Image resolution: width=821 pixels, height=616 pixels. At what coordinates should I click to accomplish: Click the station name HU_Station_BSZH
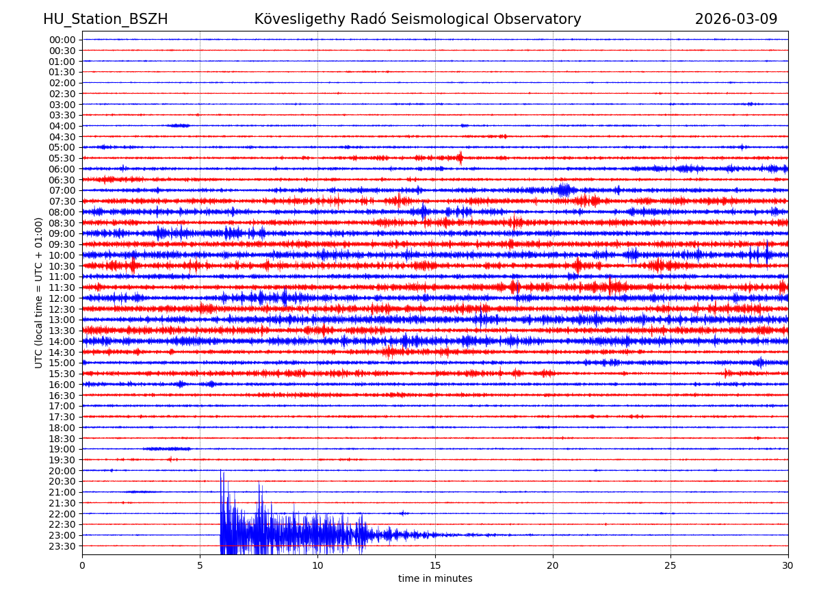105,19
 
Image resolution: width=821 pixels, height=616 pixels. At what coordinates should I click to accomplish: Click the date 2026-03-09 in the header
736,19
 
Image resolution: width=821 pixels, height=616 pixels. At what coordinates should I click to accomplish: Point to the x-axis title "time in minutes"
435,579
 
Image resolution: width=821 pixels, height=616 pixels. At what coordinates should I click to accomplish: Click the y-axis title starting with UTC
39,292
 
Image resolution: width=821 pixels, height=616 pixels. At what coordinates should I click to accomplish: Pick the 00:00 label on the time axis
62,40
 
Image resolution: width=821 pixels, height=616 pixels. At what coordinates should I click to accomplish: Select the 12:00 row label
62,298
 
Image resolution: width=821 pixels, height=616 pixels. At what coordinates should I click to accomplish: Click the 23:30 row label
62,546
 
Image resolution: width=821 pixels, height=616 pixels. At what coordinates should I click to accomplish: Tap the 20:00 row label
62,471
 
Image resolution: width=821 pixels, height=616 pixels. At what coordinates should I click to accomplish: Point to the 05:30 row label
62,158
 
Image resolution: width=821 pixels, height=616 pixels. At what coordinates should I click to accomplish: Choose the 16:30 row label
62,396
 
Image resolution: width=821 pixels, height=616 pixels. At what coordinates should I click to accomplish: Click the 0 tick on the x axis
82,565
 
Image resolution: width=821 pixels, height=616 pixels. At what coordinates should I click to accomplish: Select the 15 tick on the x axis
435,565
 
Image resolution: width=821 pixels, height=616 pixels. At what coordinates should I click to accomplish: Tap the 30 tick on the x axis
788,565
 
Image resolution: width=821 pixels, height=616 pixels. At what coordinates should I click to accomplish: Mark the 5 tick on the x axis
200,565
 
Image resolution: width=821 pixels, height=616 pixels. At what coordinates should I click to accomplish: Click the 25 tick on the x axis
670,565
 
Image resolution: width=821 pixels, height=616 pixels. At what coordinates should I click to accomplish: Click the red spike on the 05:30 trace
460,158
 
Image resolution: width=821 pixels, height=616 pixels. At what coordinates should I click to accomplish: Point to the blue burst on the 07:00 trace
564,190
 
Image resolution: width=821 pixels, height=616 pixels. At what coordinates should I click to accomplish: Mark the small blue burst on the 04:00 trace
179,125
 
